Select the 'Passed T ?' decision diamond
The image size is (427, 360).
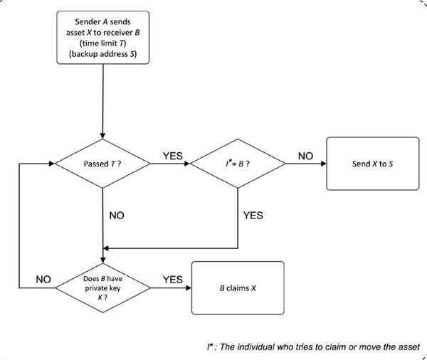coord(103,164)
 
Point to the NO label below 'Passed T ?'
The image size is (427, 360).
coord(118,213)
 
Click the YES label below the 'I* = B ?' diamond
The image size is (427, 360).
coord(254,213)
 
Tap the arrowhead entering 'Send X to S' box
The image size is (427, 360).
coord(324,164)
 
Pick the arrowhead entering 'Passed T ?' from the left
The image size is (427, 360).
coord(52,164)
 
